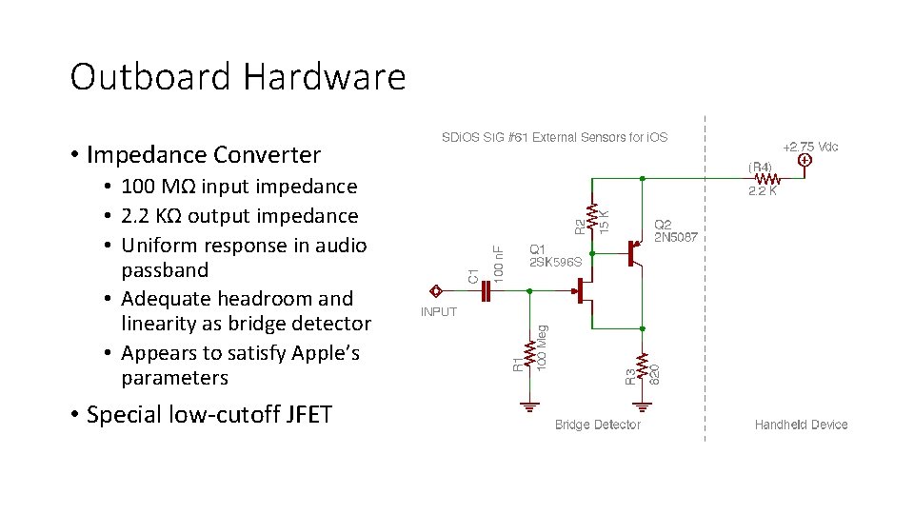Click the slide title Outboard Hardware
(237, 77)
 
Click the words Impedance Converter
(204, 154)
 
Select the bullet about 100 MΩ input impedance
(240, 187)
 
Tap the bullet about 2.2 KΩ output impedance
(240, 216)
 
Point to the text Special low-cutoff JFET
(209, 415)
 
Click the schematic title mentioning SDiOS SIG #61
(554, 137)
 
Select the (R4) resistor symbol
(767, 177)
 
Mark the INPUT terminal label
(439, 311)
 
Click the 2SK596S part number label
(555, 261)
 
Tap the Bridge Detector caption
(597, 425)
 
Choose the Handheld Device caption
(801, 425)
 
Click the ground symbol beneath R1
(529, 405)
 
